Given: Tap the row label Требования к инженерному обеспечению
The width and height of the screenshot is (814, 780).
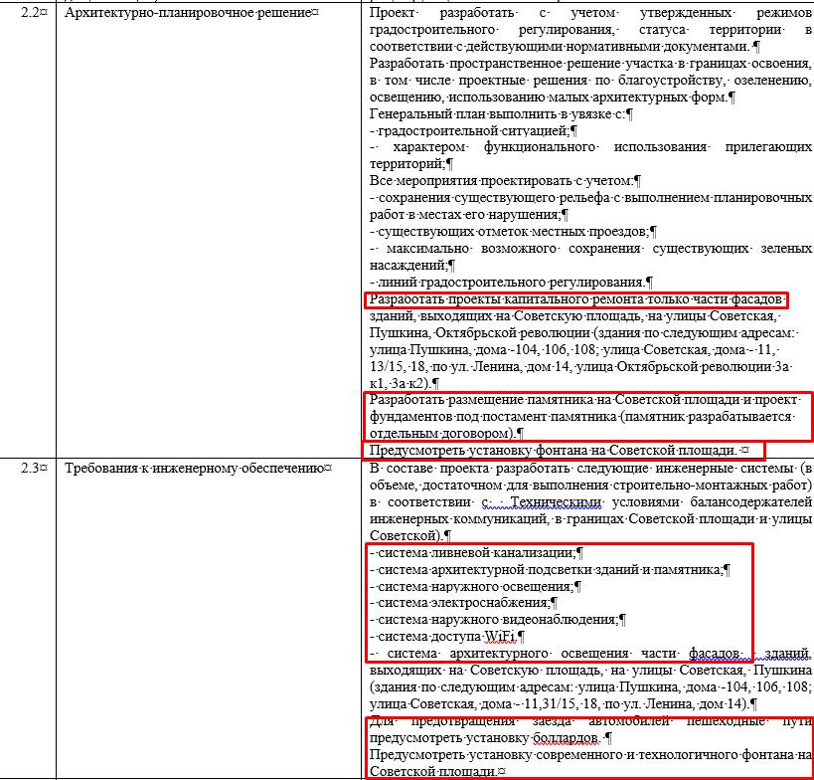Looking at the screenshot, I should (195, 468).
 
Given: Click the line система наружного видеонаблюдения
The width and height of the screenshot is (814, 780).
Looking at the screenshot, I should (493, 620).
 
